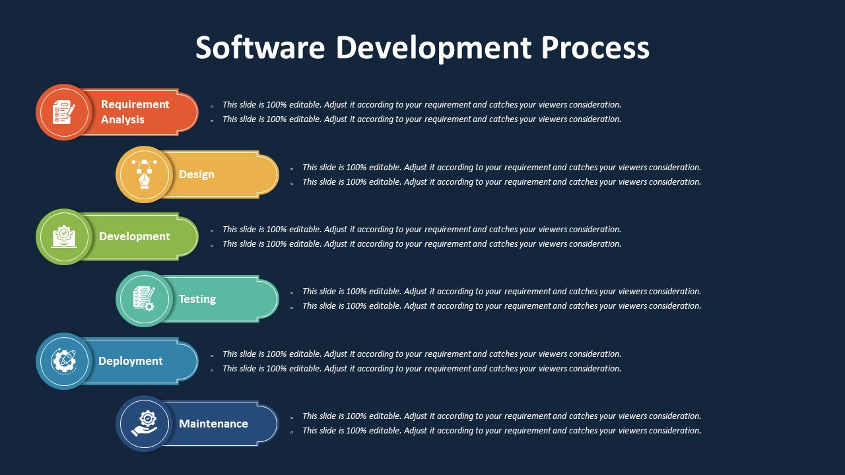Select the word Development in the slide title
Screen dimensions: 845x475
pyautogui.click(x=434, y=49)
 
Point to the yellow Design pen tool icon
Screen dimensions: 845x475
pyautogui.click(x=144, y=174)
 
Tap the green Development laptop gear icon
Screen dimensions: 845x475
pyautogui.click(x=64, y=237)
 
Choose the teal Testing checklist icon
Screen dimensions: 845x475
pyautogui.click(x=144, y=299)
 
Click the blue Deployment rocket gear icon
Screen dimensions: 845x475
pyautogui.click(x=64, y=361)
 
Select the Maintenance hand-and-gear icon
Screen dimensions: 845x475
pyautogui.click(x=144, y=424)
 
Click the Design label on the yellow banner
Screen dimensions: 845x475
pyautogui.click(x=197, y=175)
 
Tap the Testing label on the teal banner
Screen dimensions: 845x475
pyautogui.click(x=197, y=300)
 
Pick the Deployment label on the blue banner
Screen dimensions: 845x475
pyautogui.click(x=131, y=361)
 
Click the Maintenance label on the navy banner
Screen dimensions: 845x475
pyautogui.click(x=213, y=424)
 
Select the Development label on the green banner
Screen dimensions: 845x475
pyautogui.click(x=135, y=236)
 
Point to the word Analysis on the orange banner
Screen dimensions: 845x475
pyautogui.click(x=123, y=119)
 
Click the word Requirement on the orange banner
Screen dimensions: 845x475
pyautogui.click(x=135, y=104)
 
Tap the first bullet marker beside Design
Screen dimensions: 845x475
pyautogui.click(x=292, y=169)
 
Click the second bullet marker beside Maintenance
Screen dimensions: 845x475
pyautogui.click(x=292, y=432)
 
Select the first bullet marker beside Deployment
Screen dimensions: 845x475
pyautogui.click(x=212, y=356)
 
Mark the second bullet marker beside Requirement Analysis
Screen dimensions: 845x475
pyautogui.click(x=212, y=121)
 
